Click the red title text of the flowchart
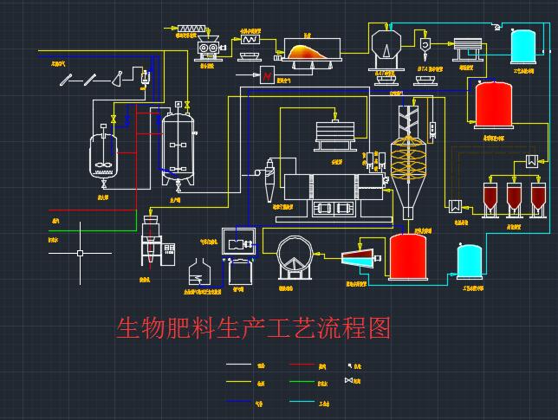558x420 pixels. coord(254,328)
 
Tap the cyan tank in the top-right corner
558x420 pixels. coord(523,46)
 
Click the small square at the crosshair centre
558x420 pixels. coord(81,254)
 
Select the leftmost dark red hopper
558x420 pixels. coord(491,197)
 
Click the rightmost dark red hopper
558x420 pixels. coord(538,197)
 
